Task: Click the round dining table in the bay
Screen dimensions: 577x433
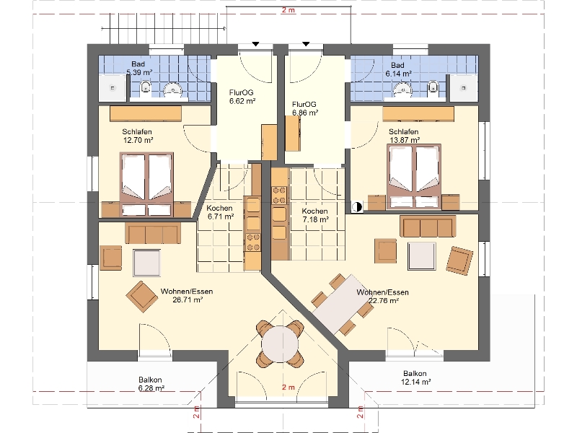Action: click(x=280, y=345)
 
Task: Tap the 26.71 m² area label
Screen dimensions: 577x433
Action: click(x=188, y=299)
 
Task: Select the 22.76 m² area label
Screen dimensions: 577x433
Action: click(x=384, y=300)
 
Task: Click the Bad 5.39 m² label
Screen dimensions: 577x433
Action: click(x=139, y=69)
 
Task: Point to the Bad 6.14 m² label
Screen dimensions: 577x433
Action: click(x=398, y=69)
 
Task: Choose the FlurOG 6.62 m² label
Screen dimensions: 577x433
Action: click(x=242, y=97)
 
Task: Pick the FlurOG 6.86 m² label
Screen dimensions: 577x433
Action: click(x=305, y=109)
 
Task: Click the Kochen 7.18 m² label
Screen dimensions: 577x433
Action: click(x=315, y=215)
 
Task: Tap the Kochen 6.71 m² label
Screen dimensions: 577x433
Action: click(x=220, y=212)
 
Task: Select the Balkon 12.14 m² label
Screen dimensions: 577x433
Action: click(x=415, y=377)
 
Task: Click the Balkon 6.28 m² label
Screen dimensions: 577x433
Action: click(x=151, y=384)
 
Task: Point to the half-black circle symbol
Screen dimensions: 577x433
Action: click(x=357, y=207)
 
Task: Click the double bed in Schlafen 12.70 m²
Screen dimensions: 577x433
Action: click(x=146, y=184)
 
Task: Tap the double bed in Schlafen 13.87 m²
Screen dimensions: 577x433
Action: click(x=413, y=177)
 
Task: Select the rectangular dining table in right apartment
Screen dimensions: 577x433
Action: click(x=343, y=304)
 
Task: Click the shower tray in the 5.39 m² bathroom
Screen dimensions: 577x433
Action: click(x=113, y=87)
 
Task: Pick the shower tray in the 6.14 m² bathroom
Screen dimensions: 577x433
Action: click(x=464, y=87)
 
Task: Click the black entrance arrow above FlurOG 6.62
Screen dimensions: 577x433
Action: click(x=255, y=44)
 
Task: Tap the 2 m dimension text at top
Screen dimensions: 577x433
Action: click(x=288, y=10)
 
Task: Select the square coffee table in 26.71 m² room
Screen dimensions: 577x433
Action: click(x=147, y=263)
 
